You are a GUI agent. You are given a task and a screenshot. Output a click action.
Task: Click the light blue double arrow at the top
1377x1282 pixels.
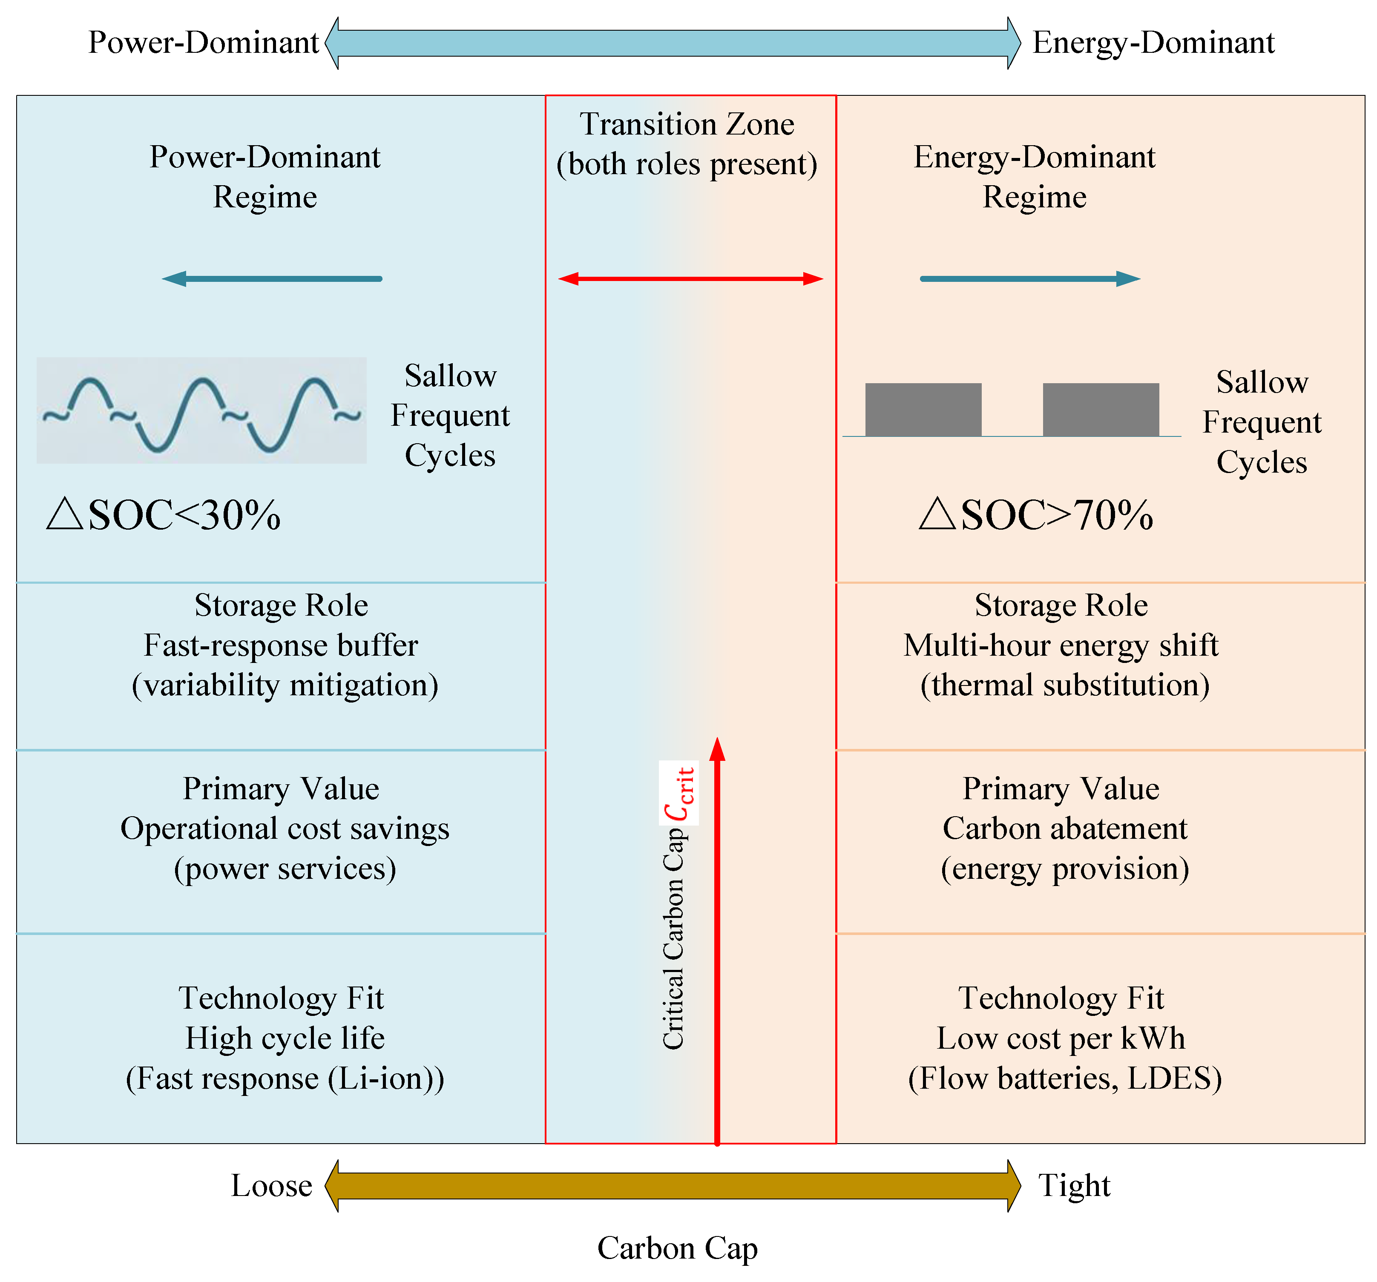coord(672,43)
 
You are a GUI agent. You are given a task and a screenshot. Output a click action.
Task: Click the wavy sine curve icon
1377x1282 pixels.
coord(201,411)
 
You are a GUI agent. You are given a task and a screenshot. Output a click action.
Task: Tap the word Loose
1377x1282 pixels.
coord(271,1186)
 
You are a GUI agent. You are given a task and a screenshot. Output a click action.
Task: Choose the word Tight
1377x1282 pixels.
coord(1074,1186)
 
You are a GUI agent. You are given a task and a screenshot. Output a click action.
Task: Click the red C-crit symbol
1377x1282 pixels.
coord(679,794)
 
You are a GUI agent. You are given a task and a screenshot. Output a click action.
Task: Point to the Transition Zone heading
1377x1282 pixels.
coord(687,125)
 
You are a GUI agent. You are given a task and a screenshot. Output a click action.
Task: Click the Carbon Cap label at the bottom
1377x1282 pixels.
coord(677,1248)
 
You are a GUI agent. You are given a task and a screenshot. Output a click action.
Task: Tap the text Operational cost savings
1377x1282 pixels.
coord(285,829)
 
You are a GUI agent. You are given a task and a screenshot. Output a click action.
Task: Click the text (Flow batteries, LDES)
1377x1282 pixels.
coord(1065,1078)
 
